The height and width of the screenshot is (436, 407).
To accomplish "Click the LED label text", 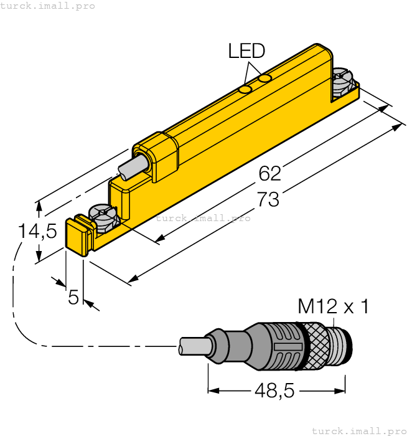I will click(x=246, y=50).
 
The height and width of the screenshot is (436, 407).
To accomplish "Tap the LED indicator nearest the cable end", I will click(x=246, y=90).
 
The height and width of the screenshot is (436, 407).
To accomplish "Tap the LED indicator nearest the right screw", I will click(x=266, y=78).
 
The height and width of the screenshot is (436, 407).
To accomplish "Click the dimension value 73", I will click(x=268, y=200).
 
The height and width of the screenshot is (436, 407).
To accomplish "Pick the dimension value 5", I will click(x=73, y=298).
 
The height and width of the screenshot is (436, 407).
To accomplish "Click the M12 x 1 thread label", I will click(x=333, y=306).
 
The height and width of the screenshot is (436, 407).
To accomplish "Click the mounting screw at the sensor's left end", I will click(x=103, y=218).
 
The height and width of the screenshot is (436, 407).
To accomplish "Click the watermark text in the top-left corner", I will click(x=47, y=6).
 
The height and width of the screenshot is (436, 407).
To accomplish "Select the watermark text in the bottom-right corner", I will click(x=357, y=430).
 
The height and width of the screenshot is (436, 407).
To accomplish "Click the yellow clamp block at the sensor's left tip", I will click(x=77, y=235).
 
